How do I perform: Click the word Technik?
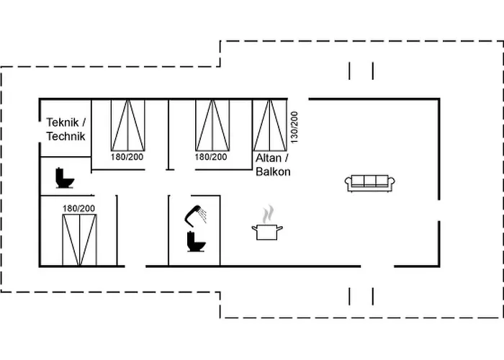[66, 136]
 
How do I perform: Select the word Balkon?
[273, 171]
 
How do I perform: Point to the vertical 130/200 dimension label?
[293, 126]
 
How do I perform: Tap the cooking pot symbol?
[266, 231]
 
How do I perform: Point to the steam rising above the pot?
[268, 214]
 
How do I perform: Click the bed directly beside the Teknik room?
[127, 122]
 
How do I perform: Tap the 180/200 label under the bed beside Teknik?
[127, 156]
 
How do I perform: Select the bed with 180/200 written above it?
[78, 239]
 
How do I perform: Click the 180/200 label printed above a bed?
[78, 208]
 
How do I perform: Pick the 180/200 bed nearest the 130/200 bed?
[212, 124]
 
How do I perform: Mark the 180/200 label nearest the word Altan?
[212, 156]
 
